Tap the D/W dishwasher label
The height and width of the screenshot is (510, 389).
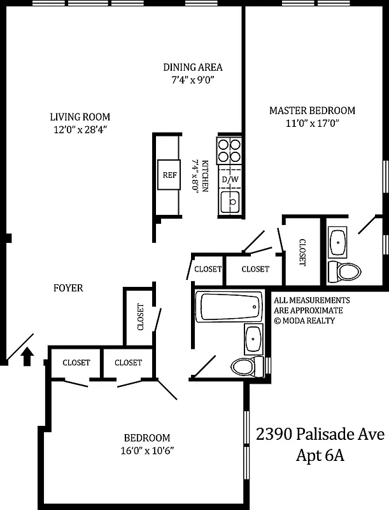[x=230, y=180]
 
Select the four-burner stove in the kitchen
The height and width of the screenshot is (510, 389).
[x=230, y=150]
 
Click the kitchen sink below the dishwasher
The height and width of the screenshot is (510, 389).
[x=230, y=203]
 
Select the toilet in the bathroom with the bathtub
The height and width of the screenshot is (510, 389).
[x=246, y=367]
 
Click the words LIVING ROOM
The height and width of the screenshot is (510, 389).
[x=80, y=117]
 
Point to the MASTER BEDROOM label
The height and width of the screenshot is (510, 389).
[x=312, y=110]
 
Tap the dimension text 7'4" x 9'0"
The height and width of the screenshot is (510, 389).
[x=192, y=80]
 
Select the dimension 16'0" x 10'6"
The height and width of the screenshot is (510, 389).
[x=147, y=450]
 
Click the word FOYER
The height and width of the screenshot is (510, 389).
[x=68, y=288]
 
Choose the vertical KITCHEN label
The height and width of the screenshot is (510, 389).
[x=205, y=176]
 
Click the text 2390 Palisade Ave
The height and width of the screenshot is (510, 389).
[x=320, y=435]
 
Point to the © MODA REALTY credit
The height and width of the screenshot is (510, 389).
[x=304, y=321]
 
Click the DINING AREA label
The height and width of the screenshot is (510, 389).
[x=193, y=67]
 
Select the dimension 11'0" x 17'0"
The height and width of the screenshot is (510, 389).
[x=312, y=124]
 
